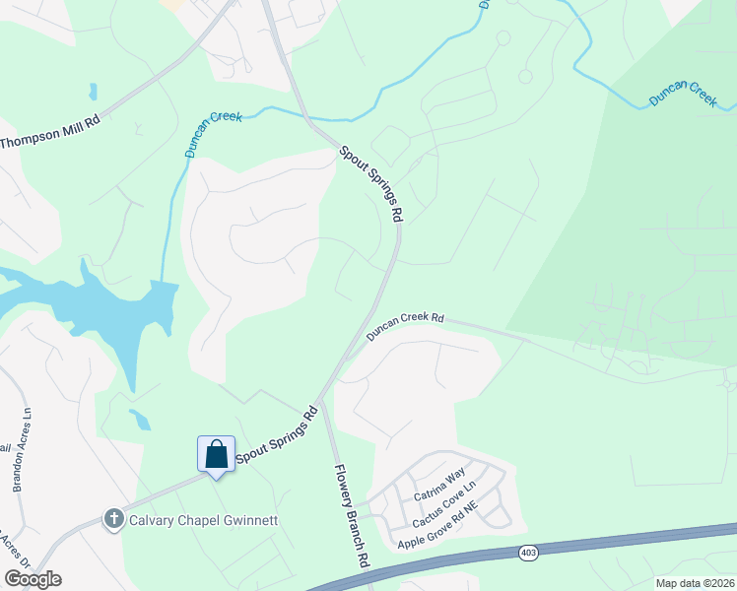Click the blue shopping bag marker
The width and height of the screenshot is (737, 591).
point(216,455)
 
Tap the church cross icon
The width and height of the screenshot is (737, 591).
point(114,518)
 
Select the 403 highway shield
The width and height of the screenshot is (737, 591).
point(528,554)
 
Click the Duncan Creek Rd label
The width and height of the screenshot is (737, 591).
point(406,328)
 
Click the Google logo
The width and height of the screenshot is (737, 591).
point(33,579)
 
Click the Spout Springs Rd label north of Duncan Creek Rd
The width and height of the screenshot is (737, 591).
point(372,183)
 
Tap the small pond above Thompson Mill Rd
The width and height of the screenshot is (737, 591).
point(93,92)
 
